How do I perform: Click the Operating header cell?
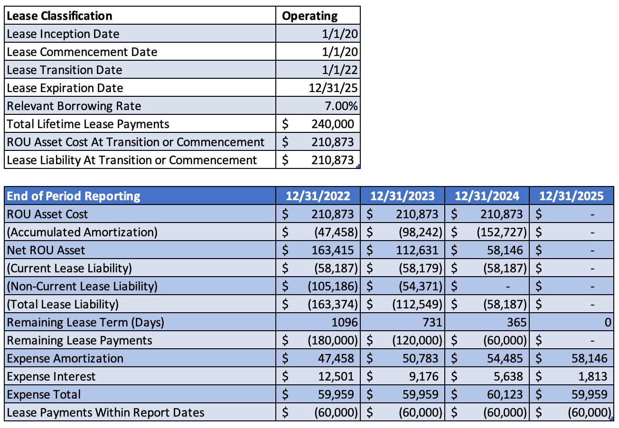[x=310, y=16]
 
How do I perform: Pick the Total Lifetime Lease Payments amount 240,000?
[x=332, y=124]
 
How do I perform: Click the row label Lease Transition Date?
[x=64, y=70]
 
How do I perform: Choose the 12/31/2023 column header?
[x=402, y=196]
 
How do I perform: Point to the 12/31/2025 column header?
[x=571, y=196]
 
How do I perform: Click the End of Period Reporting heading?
[x=74, y=196]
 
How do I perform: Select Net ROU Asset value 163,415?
[x=332, y=250]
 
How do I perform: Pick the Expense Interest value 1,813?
[x=592, y=376]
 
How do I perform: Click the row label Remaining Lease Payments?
[x=79, y=340]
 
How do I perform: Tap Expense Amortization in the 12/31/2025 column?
[x=589, y=358]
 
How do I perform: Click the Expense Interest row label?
[x=51, y=376]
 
